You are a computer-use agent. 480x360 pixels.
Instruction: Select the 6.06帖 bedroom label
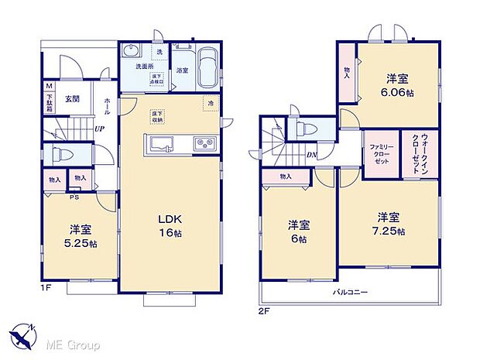pyautogui.click(x=398, y=85)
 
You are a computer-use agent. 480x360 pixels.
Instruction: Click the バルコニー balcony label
pyautogui.click(x=351, y=293)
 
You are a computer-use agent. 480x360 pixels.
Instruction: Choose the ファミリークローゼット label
pyautogui.click(x=380, y=150)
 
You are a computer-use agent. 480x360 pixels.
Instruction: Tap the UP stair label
pyautogui.click(x=99, y=129)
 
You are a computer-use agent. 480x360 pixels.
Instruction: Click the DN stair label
pyautogui.click(x=310, y=154)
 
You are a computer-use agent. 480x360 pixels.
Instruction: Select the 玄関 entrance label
pyautogui.click(x=72, y=98)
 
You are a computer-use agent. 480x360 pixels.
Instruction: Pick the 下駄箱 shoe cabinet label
pyautogui.click(x=50, y=100)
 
